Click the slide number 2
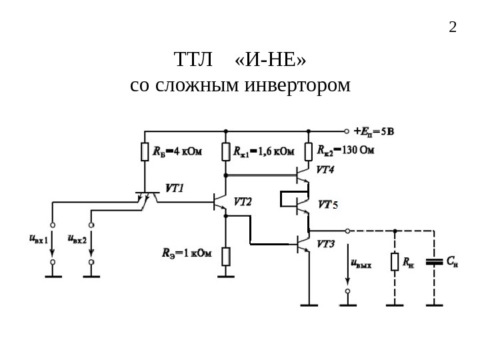(x=453, y=27)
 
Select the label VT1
(x=174, y=188)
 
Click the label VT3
(x=326, y=245)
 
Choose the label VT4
(x=325, y=169)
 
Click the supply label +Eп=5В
(x=373, y=131)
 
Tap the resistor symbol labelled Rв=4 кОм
(x=144, y=153)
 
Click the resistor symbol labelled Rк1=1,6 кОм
(x=226, y=153)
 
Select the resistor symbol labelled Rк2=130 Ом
(x=309, y=153)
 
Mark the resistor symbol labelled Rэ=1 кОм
(x=226, y=255)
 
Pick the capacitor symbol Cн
(x=434, y=261)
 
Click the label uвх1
(x=38, y=238)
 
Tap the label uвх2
(x=77, y=238)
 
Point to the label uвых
(x=361, y=263)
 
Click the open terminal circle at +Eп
(x=346, y=131)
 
